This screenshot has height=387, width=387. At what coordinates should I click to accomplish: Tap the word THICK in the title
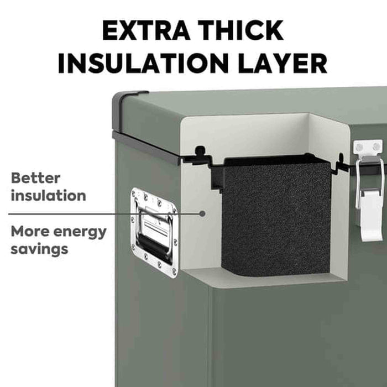[x=240, y=30]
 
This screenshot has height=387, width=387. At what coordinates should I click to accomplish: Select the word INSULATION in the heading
[x=143, y=63]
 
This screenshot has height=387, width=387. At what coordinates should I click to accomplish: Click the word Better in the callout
[x=35, y=178]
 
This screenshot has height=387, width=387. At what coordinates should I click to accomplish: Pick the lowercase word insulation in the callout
[x=49, y=195]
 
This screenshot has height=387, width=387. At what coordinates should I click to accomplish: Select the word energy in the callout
[x=80, y=233]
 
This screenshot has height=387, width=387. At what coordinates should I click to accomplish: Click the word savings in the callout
[x=39, y=250]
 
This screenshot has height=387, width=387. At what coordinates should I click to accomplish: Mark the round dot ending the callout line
[x=202, y=213]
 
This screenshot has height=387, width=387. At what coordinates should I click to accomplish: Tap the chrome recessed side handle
[x=154, y=233]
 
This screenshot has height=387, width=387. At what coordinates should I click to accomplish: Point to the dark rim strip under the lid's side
[x=146, y=148]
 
